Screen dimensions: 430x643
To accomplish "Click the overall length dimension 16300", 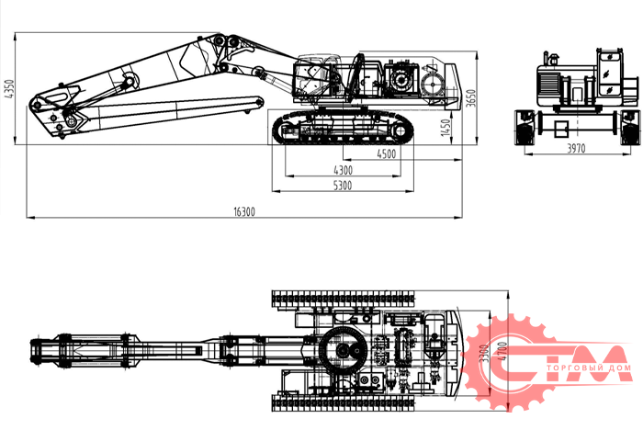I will pos(243,211).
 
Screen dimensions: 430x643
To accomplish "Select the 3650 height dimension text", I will pos(470,99).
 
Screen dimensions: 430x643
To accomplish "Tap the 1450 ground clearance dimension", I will pos(445,127).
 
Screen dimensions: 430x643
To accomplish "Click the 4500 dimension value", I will pos(387,154).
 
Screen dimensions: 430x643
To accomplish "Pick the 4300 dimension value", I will pos(342,170).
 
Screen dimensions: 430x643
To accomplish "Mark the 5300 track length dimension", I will pos(342,186).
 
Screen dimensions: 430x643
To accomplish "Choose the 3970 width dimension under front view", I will pos(575,148).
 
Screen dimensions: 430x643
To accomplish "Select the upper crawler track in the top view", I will pos(344,299).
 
